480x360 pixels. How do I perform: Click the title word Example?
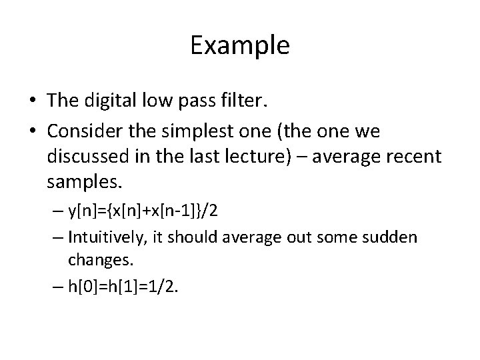pyautogui.click(x=240, y=46)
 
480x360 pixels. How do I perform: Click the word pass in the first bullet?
pyautogui.click(x=203, y=101)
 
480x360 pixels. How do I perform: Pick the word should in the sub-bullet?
pyautogui.click(x=215, y=237)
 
